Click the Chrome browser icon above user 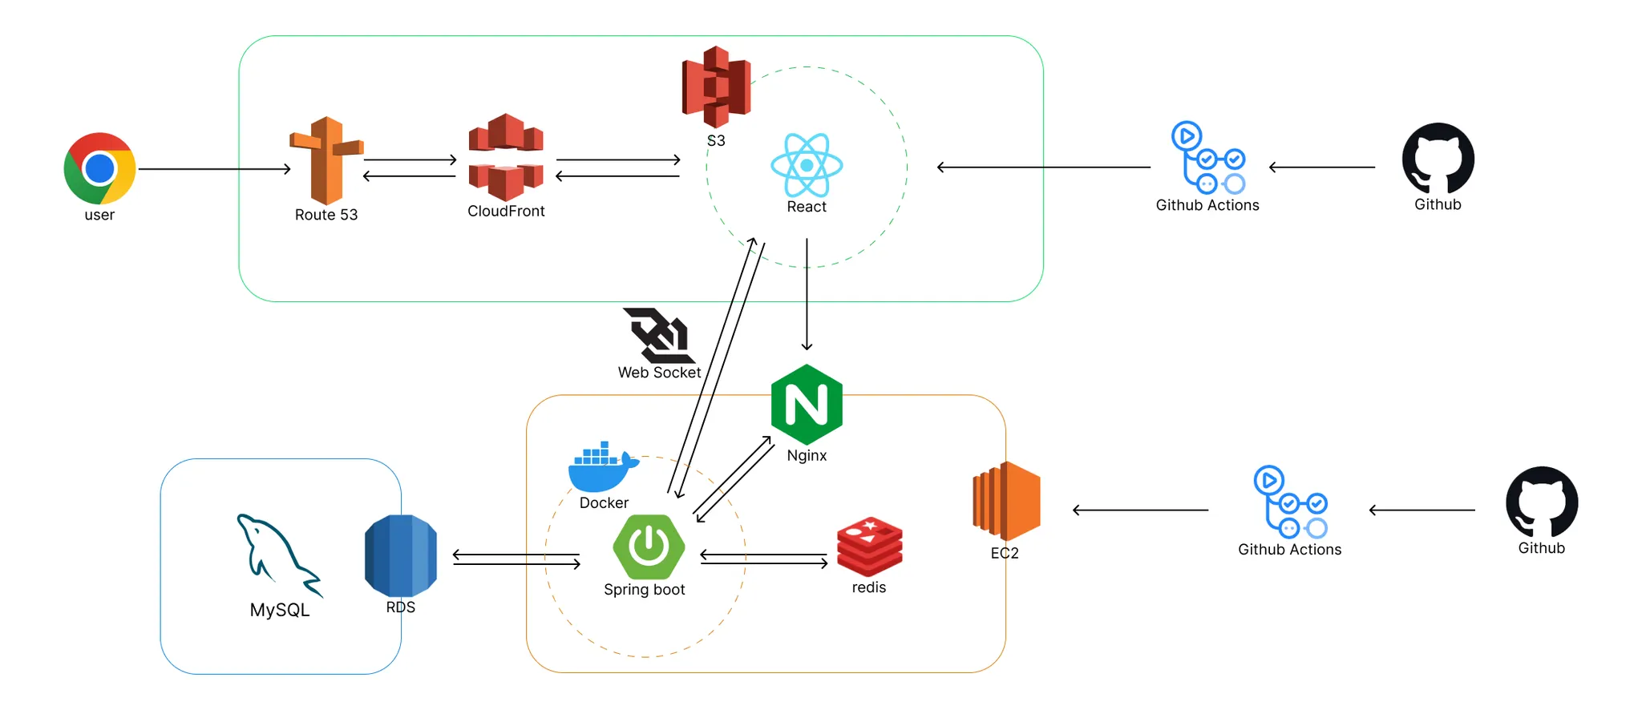(x=99, y=168)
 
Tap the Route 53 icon (x=326, y=160)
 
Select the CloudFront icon (x=506, y=157)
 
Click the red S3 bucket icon (x=716, y=87)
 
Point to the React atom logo (x=807, y=165)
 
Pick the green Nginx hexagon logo (x=807, y=404)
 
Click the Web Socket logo (x=658, y=336)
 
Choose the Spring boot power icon (x=649, y=547)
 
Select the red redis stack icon (x=870, y=547)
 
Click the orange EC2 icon (x=1007, y=502)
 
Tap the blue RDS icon (x=401, y=555)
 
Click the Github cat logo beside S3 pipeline (x=1438, y=159)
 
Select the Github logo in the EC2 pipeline (x=1542, y=502)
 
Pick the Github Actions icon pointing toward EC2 (x=1289, y=502)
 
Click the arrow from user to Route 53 (x=214, y=169)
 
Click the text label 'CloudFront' (x=506, y=212)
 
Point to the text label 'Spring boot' (x=644, y=590)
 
